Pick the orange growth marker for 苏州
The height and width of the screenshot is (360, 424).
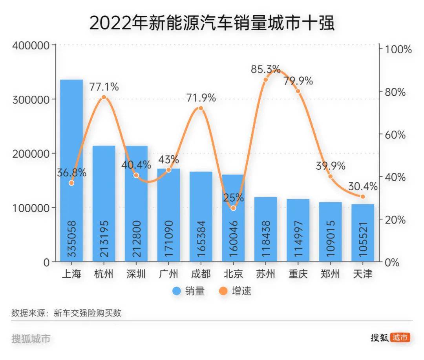[265, 80]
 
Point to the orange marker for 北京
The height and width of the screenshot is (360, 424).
[233, 208]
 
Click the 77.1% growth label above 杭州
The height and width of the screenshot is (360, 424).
[104, 86]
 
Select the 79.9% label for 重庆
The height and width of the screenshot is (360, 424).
[298, 81]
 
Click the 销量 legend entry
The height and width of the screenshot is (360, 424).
[188, 291]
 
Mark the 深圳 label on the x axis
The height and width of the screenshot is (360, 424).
[136, 274]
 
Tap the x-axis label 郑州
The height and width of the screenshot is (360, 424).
[330, 274]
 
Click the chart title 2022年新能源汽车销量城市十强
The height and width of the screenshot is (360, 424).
[212, 23]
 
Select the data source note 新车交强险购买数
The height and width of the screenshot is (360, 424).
[87, 313]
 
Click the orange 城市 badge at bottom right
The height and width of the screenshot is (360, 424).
[400, 337]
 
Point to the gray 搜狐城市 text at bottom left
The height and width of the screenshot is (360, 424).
[31, 338]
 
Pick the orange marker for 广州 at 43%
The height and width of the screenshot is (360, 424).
[169, 170]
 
